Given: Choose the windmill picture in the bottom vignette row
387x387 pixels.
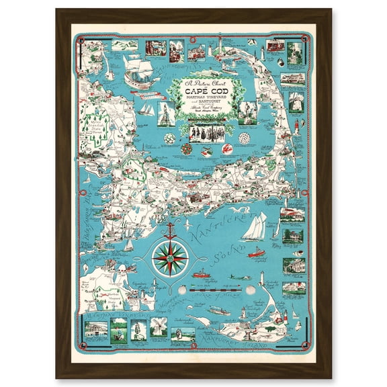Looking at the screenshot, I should pyautogui.click(x=158, y=331).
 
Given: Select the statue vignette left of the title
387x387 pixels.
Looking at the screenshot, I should pyautogui.click(x=165, y=113).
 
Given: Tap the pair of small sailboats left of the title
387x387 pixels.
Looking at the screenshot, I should pyautogui.click(x=147, y=107).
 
